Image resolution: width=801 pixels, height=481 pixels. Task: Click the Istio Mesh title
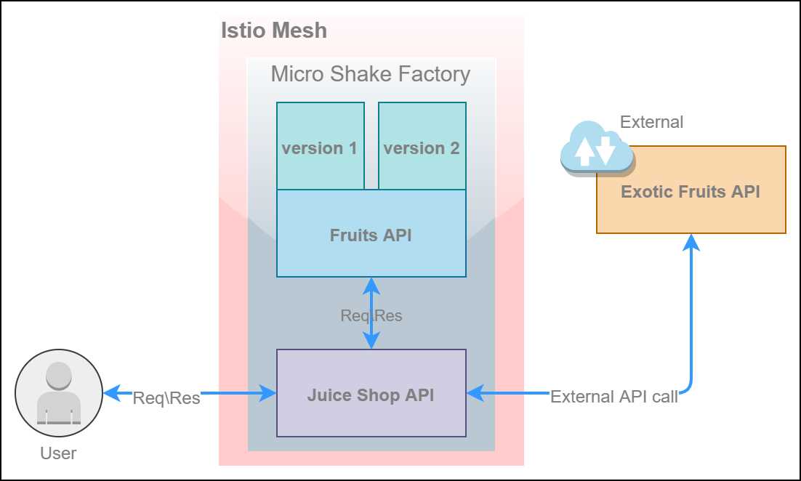(x=273, y=31)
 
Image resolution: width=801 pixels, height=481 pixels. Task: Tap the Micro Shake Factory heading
(x=371, y=74)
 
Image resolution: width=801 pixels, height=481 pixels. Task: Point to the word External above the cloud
(x=651, y=122)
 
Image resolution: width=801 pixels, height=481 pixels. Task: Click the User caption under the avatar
(x=58, y=453)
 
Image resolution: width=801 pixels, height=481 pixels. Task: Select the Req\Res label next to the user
(x=166, y=398)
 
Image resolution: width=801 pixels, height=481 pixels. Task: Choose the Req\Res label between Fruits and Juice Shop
(x=371, y=315)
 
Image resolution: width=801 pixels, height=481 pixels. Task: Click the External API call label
(x=614, y=397)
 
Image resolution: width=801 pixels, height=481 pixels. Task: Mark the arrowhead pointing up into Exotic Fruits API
(x=691, y=241)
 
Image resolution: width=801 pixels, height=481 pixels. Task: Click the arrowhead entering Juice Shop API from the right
(x=475, y=394)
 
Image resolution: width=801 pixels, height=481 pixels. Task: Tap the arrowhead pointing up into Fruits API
(x=371, y=285)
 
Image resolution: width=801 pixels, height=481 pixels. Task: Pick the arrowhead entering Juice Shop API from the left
(x=268, y=394)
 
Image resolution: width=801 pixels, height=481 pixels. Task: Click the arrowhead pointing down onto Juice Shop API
(x=371, y=341)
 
